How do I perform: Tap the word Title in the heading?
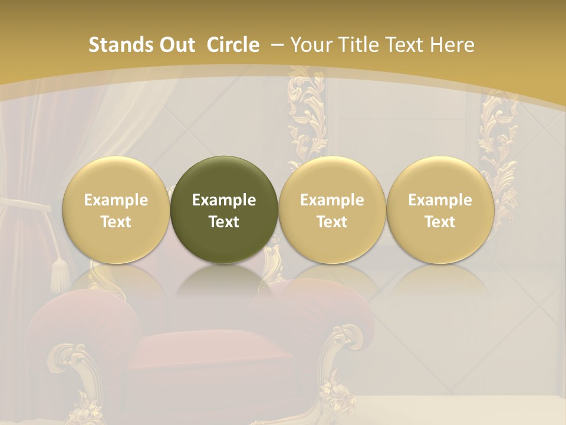click(356, 45)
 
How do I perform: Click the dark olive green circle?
click(224, 210)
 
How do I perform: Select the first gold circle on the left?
click(116, 210)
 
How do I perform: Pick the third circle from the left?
click(332, 210)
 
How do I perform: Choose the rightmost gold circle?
click(440, 210)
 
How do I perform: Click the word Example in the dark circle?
click(224, 200)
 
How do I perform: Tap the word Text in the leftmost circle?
click(116, 222)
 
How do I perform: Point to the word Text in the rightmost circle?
click(440, 222)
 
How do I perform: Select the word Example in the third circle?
click(332, 200)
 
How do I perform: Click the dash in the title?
click(278, 45)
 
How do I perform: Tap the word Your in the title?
click(310, 45)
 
